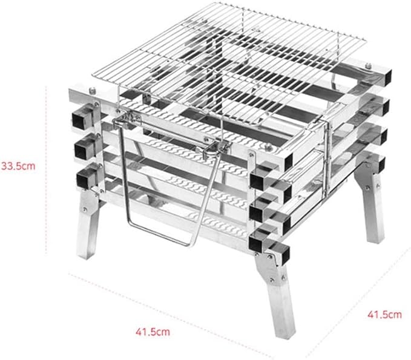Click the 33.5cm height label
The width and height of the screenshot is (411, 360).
[18, 166]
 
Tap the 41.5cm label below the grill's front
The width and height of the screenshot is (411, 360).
[153, 332]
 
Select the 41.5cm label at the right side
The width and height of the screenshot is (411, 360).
[384, 314]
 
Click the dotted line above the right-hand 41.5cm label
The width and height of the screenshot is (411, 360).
[358, 302]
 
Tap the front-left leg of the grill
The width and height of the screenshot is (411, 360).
[88, 224]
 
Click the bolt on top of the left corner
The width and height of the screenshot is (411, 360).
[92, 91]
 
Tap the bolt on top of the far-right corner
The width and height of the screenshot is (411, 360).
[368, 65]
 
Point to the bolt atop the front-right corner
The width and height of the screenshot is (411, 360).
[268, 147]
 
